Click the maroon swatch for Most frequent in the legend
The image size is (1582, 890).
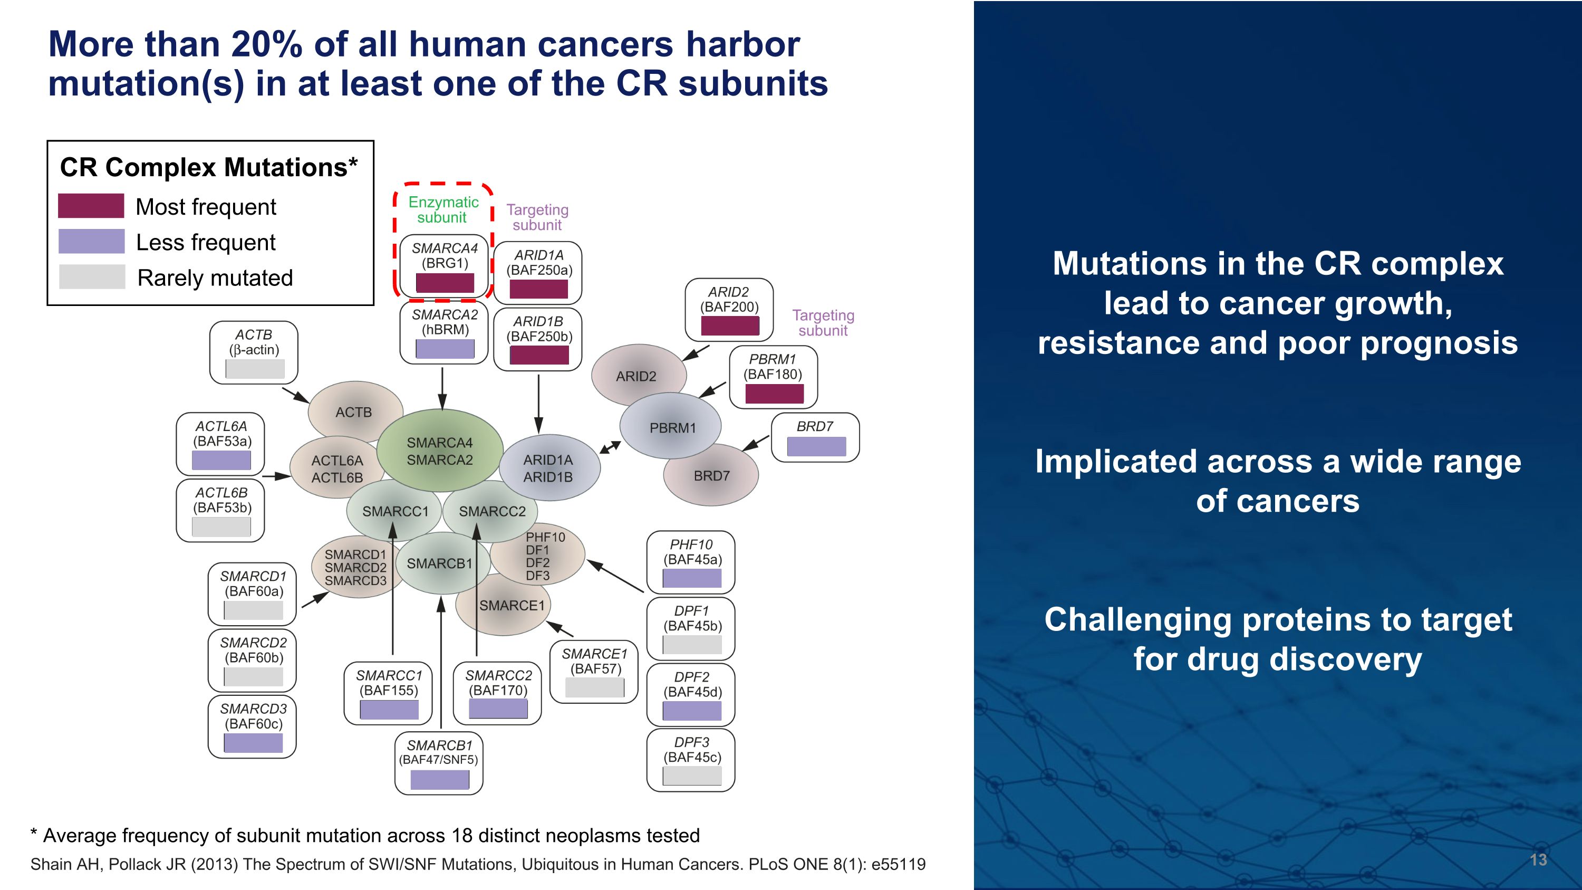(91, 206)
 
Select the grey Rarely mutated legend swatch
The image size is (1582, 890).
(92, 277)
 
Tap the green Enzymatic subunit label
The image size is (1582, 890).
(443, 209)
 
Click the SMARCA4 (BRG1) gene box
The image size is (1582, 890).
(444, 265)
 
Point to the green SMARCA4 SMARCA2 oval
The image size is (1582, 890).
(440, 451)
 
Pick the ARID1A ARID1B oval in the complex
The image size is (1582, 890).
(548, 468)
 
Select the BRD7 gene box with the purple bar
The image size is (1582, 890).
(815, 437)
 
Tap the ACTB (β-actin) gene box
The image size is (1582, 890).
(254, 352)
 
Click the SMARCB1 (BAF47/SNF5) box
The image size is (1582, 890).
(439, 763)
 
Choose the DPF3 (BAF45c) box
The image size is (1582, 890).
(691, 760)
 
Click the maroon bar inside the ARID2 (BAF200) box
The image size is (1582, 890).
(730, 326)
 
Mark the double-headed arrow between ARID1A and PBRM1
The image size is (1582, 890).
(610, 447)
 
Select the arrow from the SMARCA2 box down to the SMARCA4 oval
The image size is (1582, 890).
(442, 388)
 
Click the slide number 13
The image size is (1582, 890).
(1538, 859)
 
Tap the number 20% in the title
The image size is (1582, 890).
(266, 45)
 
